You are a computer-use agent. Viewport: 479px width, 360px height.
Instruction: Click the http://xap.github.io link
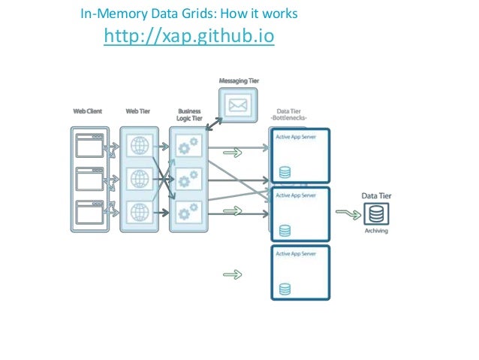(x=188, y=36)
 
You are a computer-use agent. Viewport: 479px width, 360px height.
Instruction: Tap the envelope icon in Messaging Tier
(x=237, y=106)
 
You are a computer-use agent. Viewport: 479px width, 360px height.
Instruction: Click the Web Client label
(x=88, y=111)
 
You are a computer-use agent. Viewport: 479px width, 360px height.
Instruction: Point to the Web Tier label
(x=137, y=111)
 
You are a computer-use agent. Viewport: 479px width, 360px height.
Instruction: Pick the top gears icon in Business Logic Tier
(x=188, y=145)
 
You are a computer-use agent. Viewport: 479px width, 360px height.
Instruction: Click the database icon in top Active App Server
(x=285, y=172)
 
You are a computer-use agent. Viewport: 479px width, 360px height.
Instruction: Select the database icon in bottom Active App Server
(x=285, y=288)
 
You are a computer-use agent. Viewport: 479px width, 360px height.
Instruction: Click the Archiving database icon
(x=376, y=214)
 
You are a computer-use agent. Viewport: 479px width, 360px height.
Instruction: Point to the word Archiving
(x=376, y=231)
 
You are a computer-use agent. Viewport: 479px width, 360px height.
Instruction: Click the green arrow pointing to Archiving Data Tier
(x=345, y=214)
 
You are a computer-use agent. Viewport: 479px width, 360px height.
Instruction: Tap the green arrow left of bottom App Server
(x=233, y=274)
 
